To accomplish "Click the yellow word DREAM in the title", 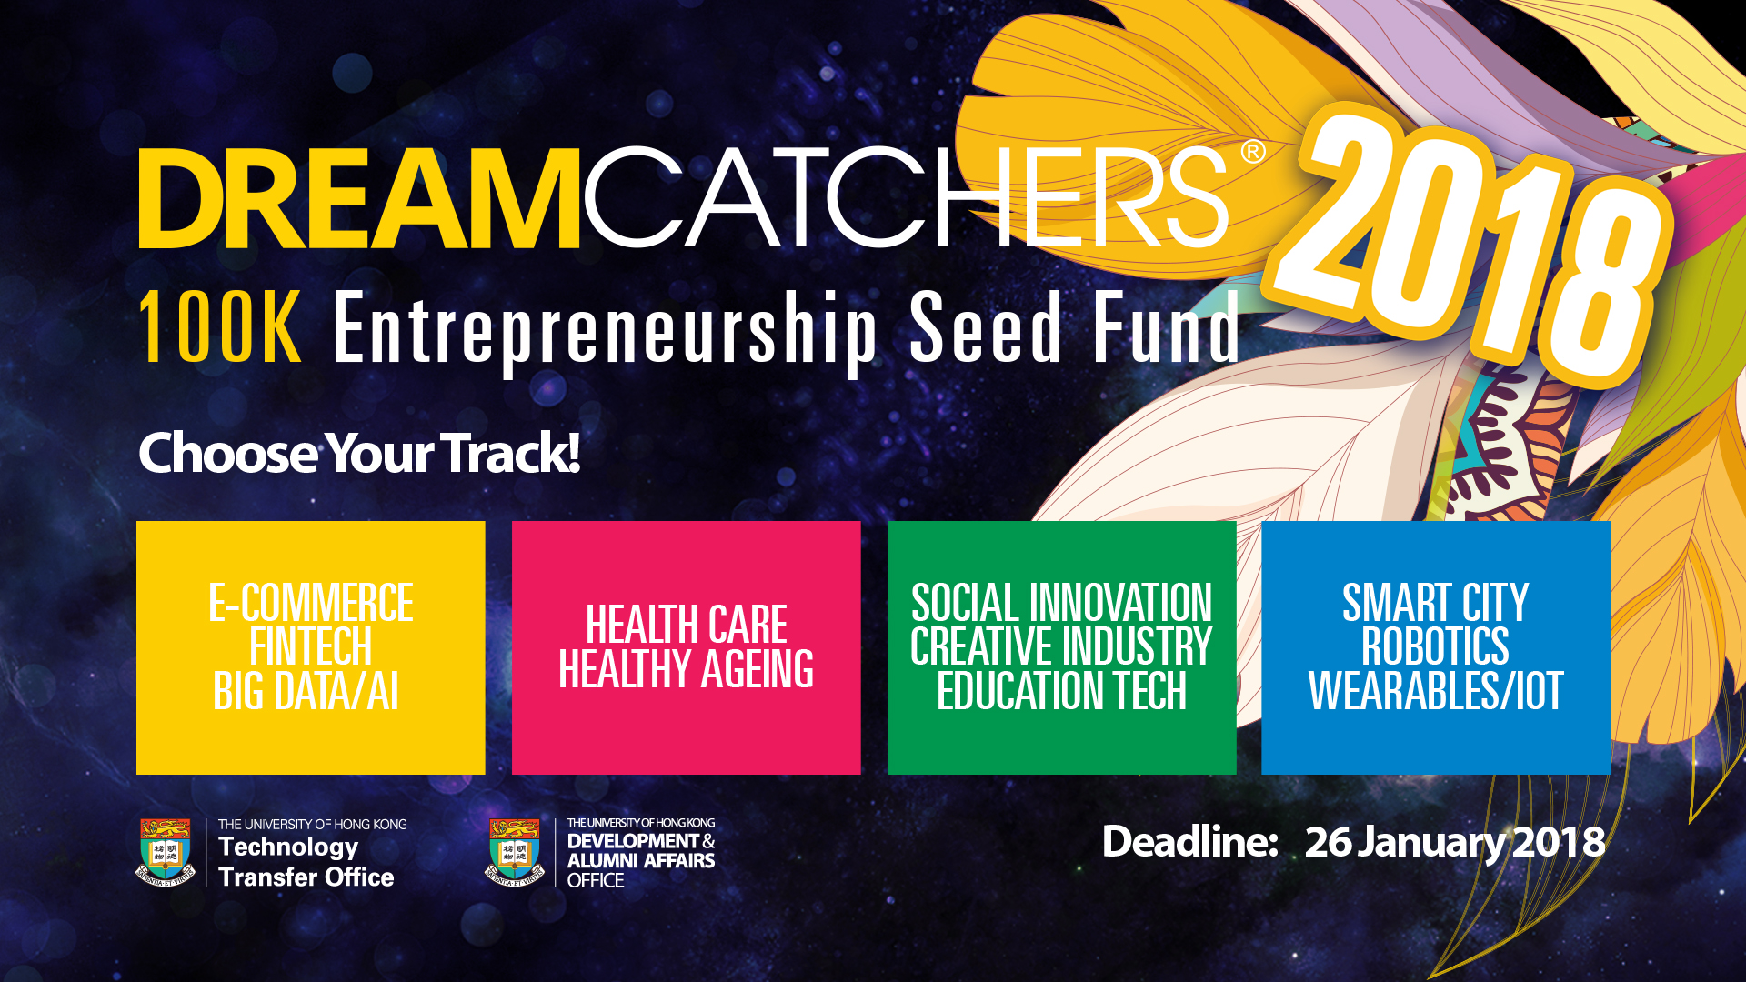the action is click(359, 198).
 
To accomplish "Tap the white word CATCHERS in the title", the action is click(906, 198).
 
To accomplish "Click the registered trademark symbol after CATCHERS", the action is click(1252, 151).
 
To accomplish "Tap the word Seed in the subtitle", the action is click(987, 326).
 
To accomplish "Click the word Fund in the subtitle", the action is click(1167, 326).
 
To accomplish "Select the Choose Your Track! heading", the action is click(359, 454).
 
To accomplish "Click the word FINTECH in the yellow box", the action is click(311, 646).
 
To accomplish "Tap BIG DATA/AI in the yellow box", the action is click(306, 691).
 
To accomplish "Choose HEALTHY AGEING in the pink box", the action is click(687, 669).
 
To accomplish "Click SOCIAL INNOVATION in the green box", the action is click(1062, 603).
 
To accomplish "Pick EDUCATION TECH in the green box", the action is click(1062, 691).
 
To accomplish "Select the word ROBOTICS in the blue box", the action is click(1436, 646).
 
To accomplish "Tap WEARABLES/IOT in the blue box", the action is click(1436, 691).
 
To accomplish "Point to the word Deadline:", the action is click(1190, 842).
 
